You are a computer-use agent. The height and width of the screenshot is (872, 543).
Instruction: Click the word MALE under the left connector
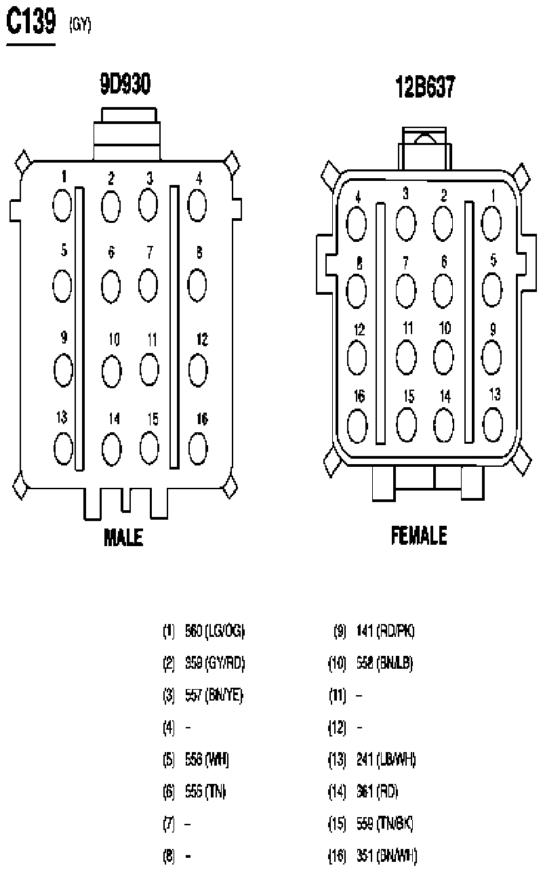coord(123,538)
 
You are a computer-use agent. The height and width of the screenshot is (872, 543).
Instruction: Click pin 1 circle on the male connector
coord(62,204)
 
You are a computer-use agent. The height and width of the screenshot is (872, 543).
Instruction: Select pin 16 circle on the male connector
coord(197,447)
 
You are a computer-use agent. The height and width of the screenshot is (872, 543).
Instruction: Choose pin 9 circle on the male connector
coord(62,368)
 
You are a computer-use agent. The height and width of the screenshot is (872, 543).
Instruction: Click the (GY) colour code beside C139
coord(80,26)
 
